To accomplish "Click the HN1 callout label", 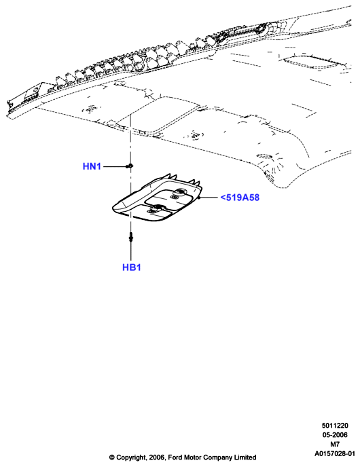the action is pyautogui.click(x=92, y=166).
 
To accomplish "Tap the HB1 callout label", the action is pyautogui.click(x=131, y=267).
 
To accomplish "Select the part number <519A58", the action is pyautogui.click(x=240, y=198).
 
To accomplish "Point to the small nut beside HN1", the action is pyautogui.click(x=130, y=166).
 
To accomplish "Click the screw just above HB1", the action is pyautogui.click(x=131, y=238).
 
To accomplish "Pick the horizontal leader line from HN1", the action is pyautogui.click(x=115, y=166).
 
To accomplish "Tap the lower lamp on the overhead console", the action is pyautogui.click(x=156, y=209).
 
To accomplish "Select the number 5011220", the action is pyautogui.click(x=335, y=426).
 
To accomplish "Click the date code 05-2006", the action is pyautogui.click(x=335, y=435).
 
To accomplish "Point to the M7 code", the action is pyautogui.click(x=335, y=444).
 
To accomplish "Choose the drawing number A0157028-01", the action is pyautogui.click(x=335, y=453).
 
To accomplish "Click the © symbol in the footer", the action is pyautogui.click(x=112, y=457).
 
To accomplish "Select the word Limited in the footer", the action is pyautogui.click(x=246, y=457).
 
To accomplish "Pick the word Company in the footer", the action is pyautogui.click(x=217, y=457).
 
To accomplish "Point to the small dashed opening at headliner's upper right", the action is pyautogui.click(x=313, y=62).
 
